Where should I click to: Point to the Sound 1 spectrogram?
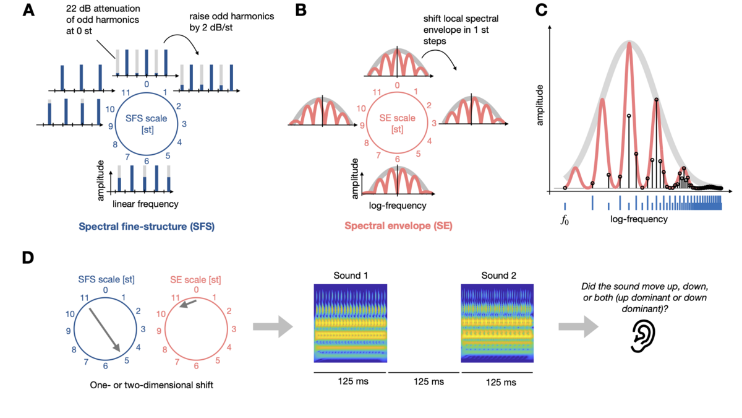(350, 323)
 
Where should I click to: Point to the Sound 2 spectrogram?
(498, 323)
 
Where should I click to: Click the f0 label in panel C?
(565, 220)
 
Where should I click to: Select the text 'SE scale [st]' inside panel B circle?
(398, 124)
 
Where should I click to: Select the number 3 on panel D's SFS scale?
(143, 328)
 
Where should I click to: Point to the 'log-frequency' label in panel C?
(638, 219)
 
